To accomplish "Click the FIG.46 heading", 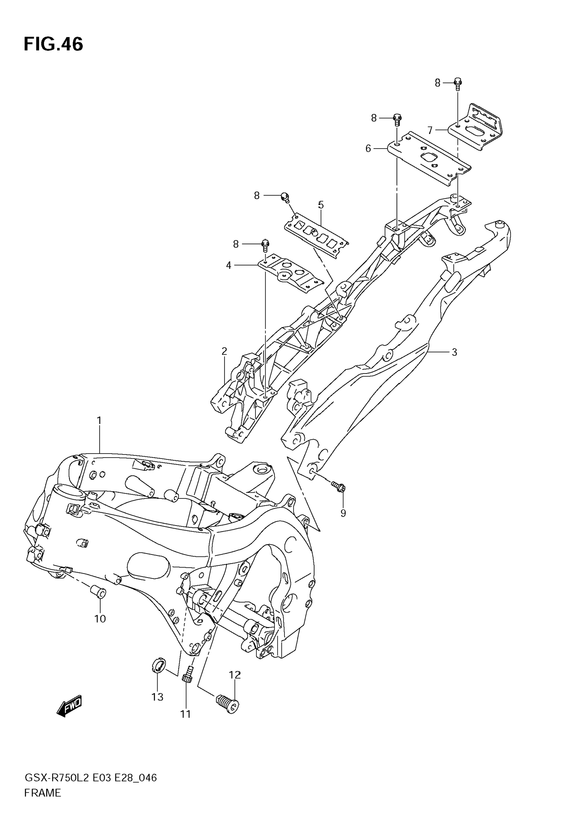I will pos(54,45).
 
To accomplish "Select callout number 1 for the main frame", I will pos(99,421).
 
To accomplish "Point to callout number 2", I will pos(224,351).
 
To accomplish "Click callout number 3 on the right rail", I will pos(454,352).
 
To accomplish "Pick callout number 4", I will pos(228,265).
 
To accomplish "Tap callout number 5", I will pos(321,205).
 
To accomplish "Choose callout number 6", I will pos(368,148).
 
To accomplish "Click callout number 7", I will pos(430,131).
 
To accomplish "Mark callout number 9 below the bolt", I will pos(343,513).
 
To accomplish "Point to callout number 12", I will pos(235,675).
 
